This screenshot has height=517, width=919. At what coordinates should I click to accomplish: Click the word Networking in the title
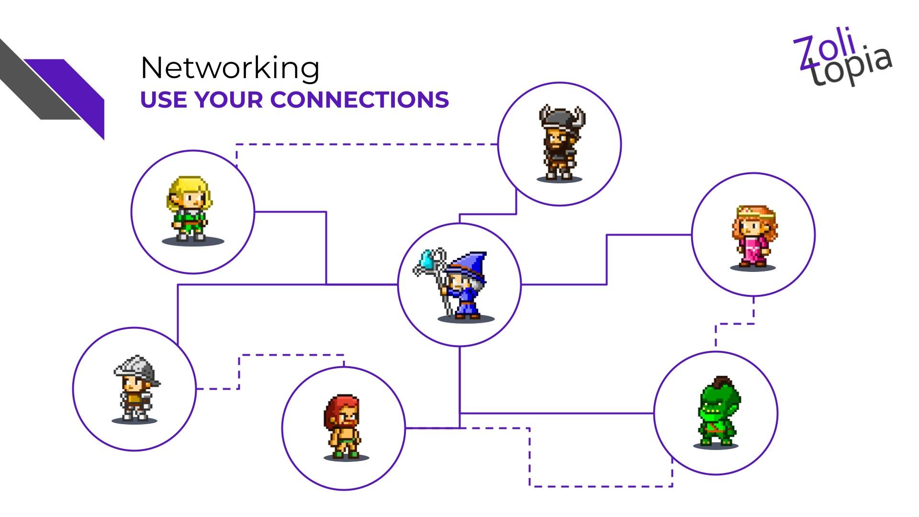pyautogui.click(x=230, y=68)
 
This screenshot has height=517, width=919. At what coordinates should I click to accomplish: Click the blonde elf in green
pyautogui.click(x=191, y=209)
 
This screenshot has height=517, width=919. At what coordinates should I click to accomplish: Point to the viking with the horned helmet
pyautogui.click(x=560, y=144)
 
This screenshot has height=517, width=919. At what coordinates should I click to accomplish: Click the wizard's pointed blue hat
pyautogui.click(x=471, y=265)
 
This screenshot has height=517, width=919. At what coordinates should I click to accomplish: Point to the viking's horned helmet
pyautogui.click(x=561, y=117)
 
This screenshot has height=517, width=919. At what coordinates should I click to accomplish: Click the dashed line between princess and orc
pyautogui.click(x=735, y=324)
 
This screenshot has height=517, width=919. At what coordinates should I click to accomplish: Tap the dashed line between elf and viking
pyautogui.click(x=364, y=144)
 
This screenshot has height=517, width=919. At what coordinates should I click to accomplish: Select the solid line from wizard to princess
pyautogui.click(x=607, y=258)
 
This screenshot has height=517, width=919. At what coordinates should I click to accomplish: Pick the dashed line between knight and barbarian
pyautogui.click(x=287, y=355)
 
